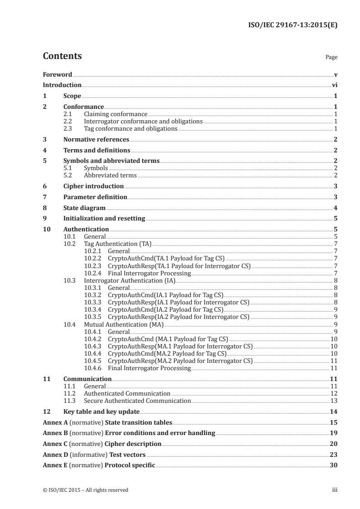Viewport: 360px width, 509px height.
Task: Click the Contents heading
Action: (x=62, y=56)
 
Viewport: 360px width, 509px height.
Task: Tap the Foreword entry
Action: (x=57, y=74)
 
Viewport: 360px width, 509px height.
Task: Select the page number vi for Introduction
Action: (x=334, y=85)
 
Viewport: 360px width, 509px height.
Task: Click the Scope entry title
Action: (x=72, y=96)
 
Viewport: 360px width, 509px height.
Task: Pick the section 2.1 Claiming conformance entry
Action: (x=116, y=114)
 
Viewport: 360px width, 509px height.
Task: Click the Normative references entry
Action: (x=96, y=140)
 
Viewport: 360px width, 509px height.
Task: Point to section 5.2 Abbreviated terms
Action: (x=110, y=175)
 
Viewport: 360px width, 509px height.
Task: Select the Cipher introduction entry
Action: (x=94, y=186)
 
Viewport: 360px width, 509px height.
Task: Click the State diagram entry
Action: (x=84, y=208)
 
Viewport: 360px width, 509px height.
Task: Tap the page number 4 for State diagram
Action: (x=335, y=208)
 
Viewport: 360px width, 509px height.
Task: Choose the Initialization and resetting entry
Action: (x=104, y=219)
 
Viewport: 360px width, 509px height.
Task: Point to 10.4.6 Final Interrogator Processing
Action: (x=149, y=368)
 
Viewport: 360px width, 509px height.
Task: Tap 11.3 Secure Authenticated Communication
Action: (x=137, y=401)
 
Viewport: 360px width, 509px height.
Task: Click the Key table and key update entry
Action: (x=101, y=411)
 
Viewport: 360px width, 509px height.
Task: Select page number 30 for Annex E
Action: (x=333, y=465)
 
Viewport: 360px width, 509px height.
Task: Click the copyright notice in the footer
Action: (x=85, y=490)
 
